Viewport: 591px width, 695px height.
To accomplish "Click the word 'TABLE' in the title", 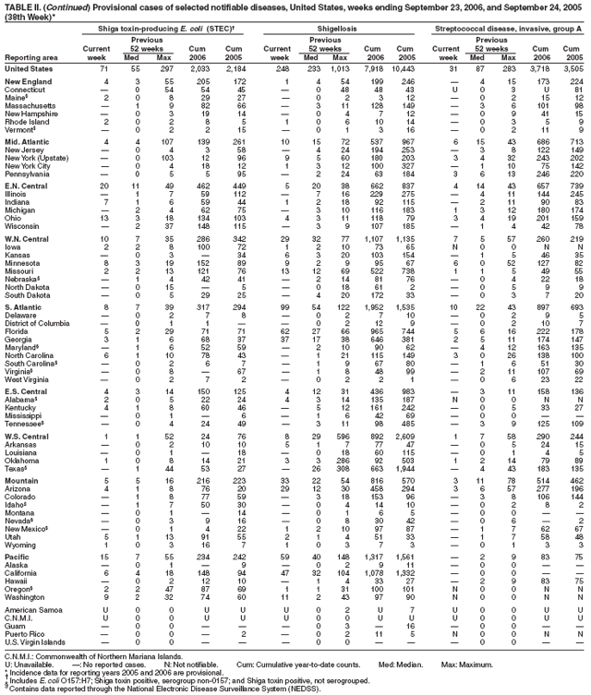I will (17, 6).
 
